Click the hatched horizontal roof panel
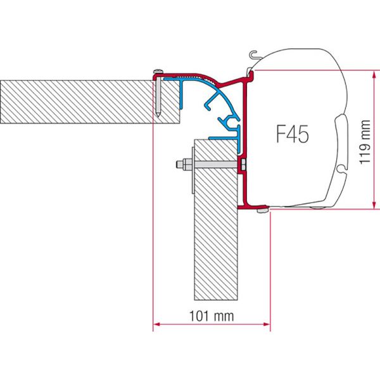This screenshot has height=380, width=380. coord(76,101)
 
